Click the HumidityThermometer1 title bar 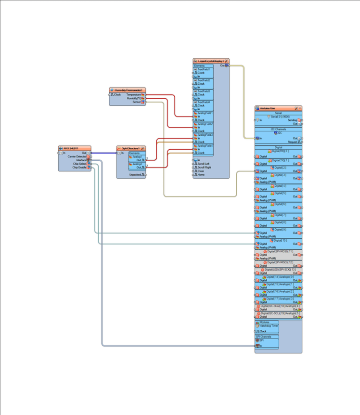[x=128, y=90]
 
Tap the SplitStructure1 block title [x=130, y=148]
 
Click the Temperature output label [x=133, y=95]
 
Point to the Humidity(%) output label [x=134, y=98]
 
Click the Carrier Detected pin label [x=77, y=156]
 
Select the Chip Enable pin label [x=79, y=167]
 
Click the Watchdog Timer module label [x=269, y=326]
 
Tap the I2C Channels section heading [x=279, y=129]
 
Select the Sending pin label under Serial [x=292, y=120]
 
